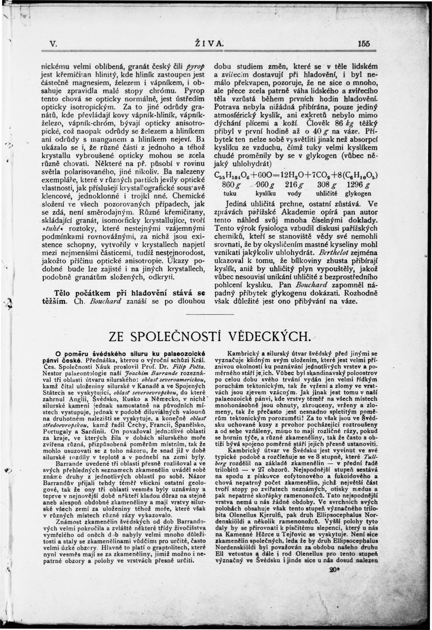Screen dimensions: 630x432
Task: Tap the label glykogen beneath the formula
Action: click(x=358, y=194)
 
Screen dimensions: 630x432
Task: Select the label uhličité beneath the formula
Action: click(x=327, y=194)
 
